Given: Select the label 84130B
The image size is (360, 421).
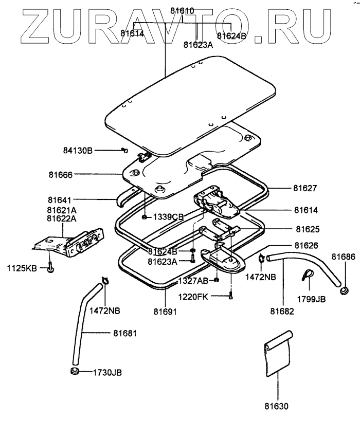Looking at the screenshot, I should [78, 150].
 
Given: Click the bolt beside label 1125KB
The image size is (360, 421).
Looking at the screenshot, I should [50, 268].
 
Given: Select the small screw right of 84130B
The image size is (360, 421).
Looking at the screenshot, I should [124, 150].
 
